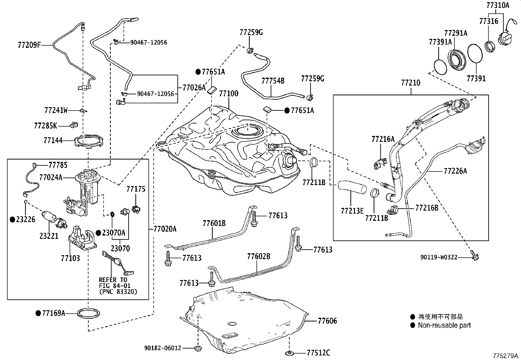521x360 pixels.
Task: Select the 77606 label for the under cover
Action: tap(327, 321)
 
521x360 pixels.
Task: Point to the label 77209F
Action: tap(29, 45)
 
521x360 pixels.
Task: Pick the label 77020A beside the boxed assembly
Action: tap(165, 229)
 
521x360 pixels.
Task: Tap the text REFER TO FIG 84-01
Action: tap(113, 283)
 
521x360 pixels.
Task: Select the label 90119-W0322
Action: tap(439, 257)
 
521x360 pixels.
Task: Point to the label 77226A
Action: tap(455, 171)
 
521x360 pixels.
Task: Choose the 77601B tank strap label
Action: tap(214, 223)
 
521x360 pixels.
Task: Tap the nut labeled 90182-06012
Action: tap(198, 348)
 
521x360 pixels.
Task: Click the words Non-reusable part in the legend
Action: tap(444, 325)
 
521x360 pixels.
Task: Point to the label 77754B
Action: tap(273, 81)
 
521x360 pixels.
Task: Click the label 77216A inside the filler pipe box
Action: tap(383, 139)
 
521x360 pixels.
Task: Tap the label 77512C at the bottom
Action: tap(318, 353)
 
